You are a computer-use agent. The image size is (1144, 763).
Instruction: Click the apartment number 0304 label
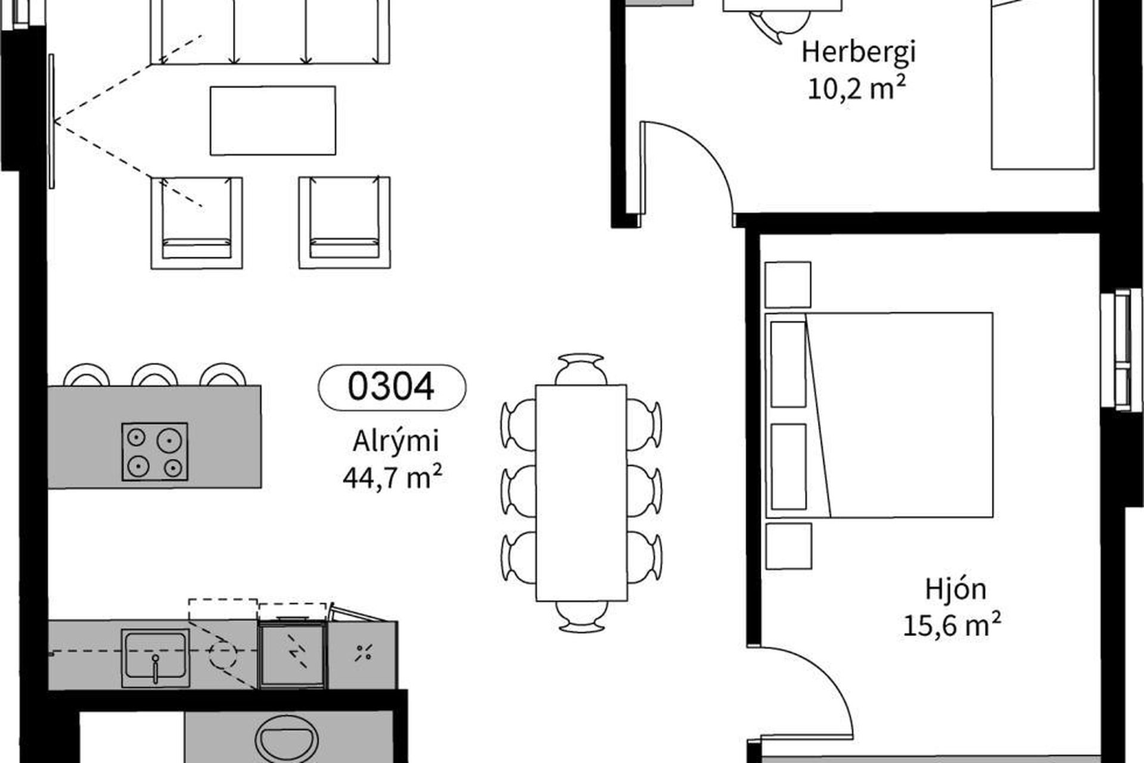[391, 387]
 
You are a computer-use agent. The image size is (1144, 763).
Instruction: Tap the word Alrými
[396, 442]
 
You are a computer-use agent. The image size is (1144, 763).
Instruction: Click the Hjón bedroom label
[956, 590]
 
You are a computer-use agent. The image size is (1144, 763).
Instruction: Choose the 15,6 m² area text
[952, 626]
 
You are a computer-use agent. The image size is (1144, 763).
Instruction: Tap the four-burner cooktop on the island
[155, 452]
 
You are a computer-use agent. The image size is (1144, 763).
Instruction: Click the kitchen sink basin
[155, 655]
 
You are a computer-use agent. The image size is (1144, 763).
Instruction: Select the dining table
[581, 492]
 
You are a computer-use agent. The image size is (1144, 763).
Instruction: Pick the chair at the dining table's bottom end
[581, 616]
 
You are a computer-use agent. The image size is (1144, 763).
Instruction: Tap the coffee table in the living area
[273, 120]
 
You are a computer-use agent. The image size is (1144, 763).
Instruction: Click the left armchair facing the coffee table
[197, 222]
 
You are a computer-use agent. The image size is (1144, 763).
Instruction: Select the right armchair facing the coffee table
[344, 222]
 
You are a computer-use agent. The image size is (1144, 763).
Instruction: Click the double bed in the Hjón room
[879, 415]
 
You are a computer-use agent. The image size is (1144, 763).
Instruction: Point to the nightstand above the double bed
[788, 285]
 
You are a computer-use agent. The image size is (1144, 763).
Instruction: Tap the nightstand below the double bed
[788, 546]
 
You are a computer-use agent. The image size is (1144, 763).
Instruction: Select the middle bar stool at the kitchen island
[155, 374]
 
